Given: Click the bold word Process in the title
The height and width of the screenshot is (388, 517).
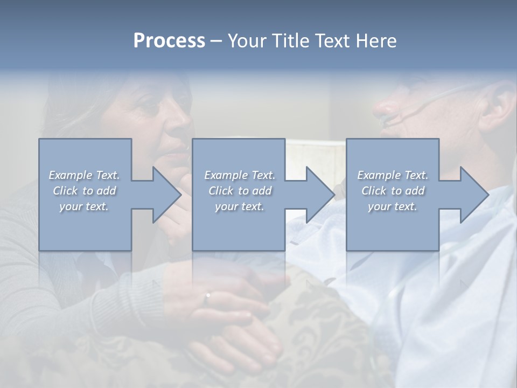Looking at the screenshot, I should tap(169, 41).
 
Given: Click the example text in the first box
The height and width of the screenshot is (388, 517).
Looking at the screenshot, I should tap(85, 191).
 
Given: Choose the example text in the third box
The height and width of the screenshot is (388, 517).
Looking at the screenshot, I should tap(393, 191).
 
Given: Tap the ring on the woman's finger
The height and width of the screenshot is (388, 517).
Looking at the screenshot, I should tap(207, 295).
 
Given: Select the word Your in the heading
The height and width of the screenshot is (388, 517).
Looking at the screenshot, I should tap(247, 41).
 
